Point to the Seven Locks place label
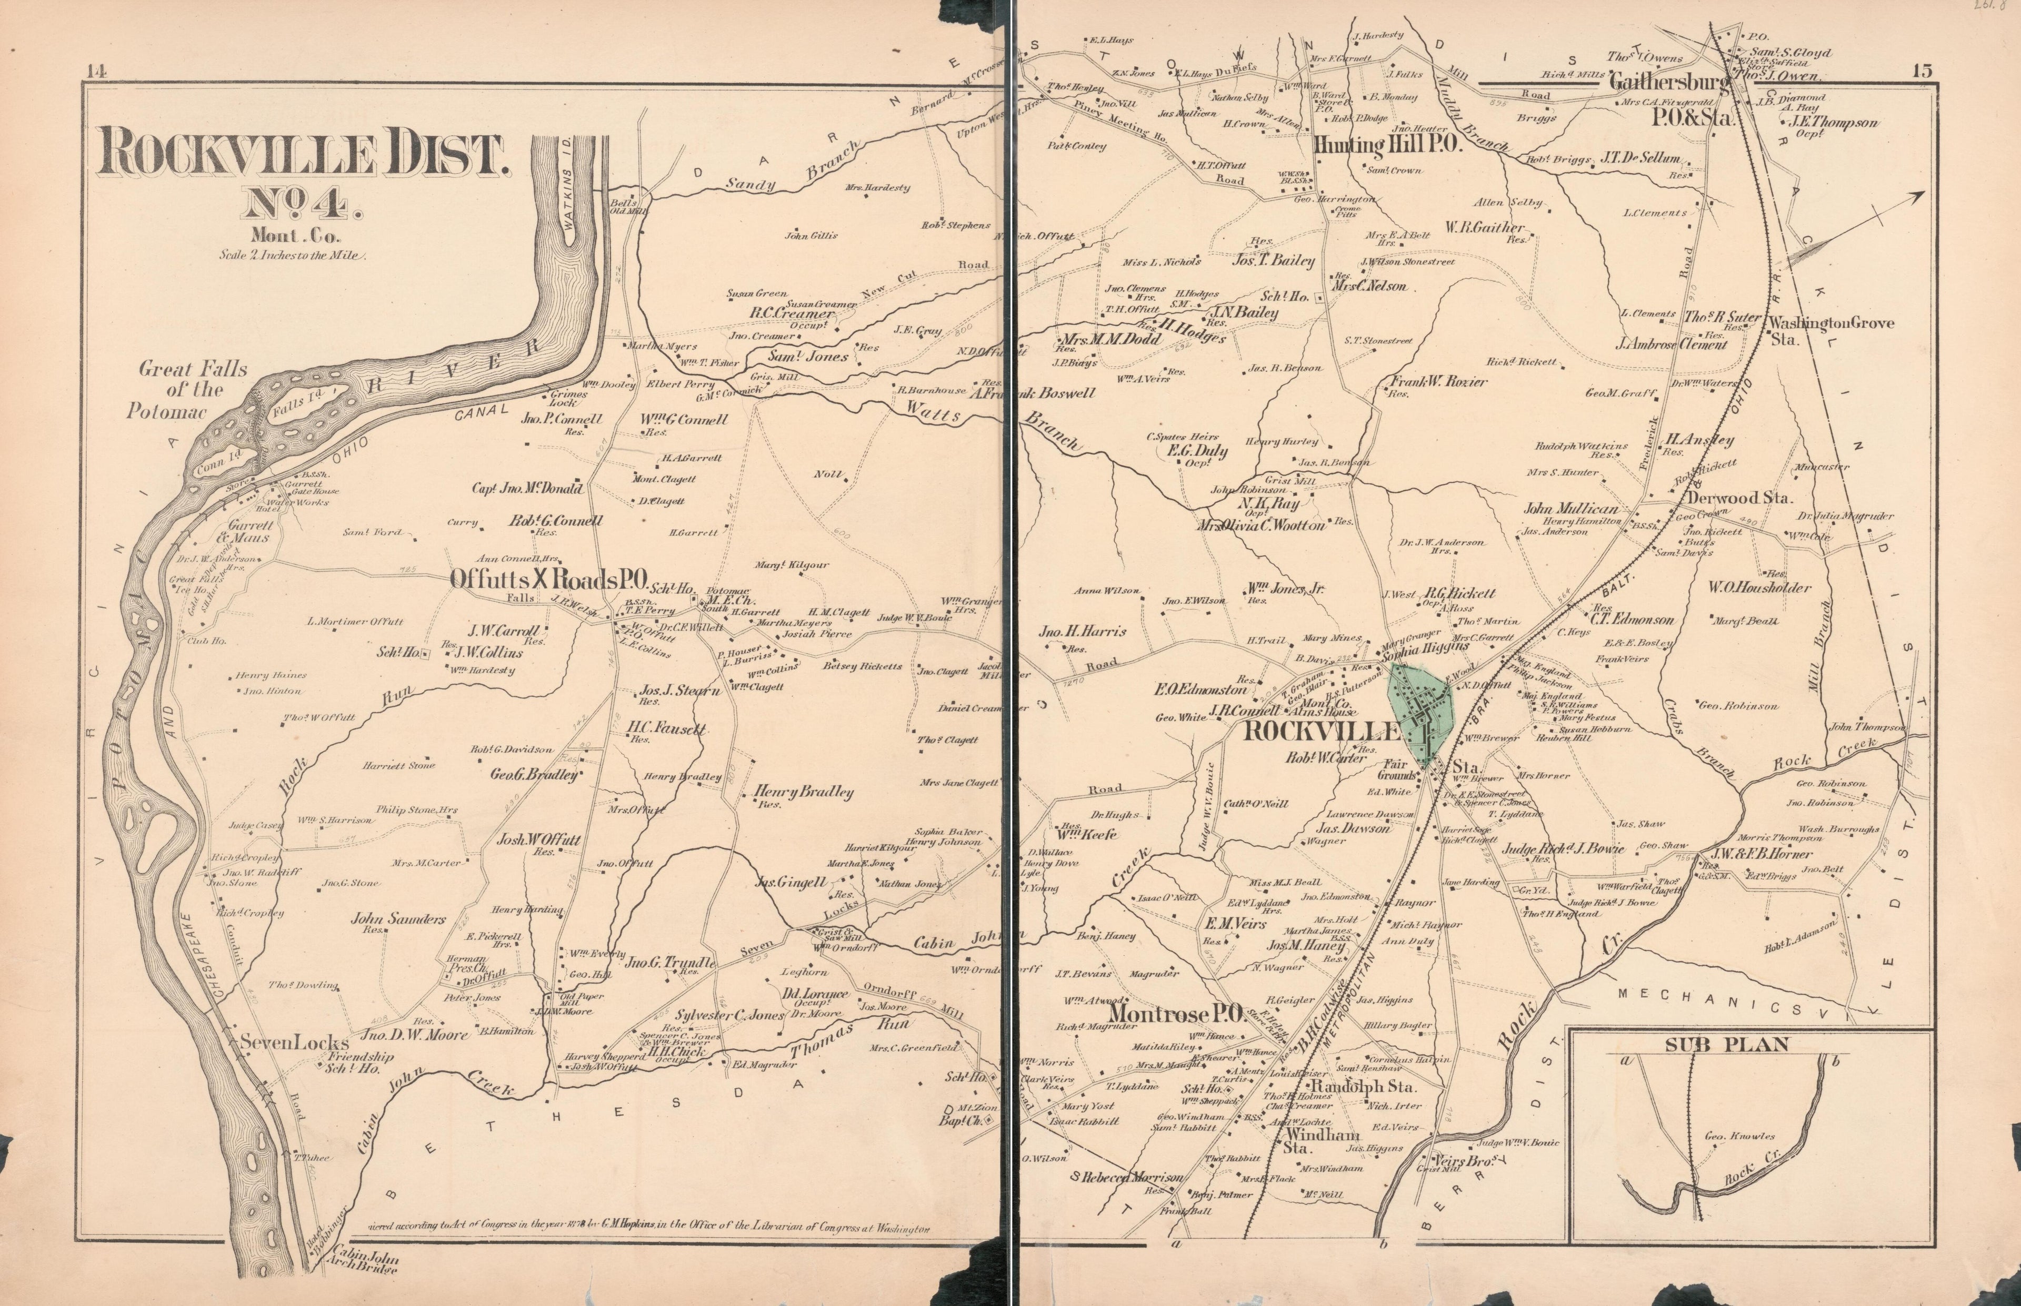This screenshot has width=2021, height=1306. [x=283, y=1042]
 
